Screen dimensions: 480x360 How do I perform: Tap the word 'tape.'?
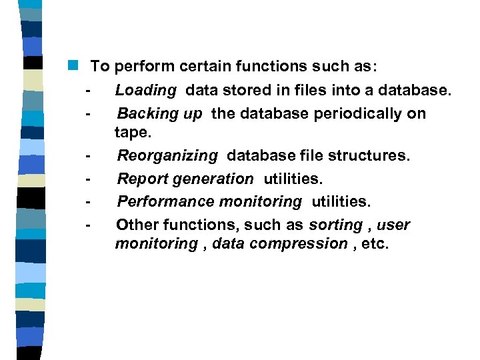pyautogui.click(x=133, y=132)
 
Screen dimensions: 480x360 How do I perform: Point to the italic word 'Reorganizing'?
pyautogui.click(x=167, y=156)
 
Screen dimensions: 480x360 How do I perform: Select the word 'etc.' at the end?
pyautogui.click(x=374, y=244)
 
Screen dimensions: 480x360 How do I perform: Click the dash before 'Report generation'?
pyautogui.click(x=87, y=179)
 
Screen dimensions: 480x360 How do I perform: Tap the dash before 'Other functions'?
pyautogui.click(x=87, y=225)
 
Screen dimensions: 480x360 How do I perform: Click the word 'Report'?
pyautogui.click(x=143, y=179)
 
